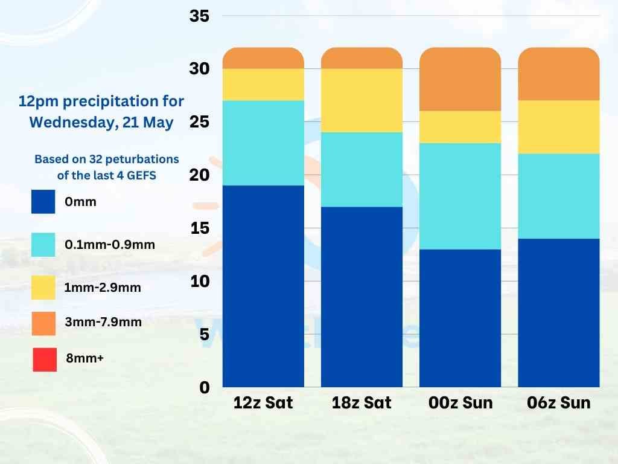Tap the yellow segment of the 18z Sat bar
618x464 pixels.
point(362,100)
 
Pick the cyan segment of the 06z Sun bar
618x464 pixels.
point(559,196)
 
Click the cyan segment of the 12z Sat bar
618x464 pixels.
point(263,143)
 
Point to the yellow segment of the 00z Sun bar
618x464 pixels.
point(460,127)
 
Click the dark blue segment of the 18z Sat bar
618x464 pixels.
point(362,297)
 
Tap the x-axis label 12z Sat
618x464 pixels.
point(263,403)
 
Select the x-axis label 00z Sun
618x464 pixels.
point(460,403)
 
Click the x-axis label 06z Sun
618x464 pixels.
point(559,403)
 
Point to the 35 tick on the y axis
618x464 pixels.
point(199,16)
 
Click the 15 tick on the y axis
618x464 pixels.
point(199,228)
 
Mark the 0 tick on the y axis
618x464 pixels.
point(204,387)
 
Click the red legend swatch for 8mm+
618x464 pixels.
point(44,359)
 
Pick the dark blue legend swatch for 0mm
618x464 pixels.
point(43,202)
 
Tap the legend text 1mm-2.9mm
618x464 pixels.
point(103,288)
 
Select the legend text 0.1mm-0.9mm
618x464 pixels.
point(110,245)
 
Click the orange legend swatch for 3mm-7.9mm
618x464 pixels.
point(44,323)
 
